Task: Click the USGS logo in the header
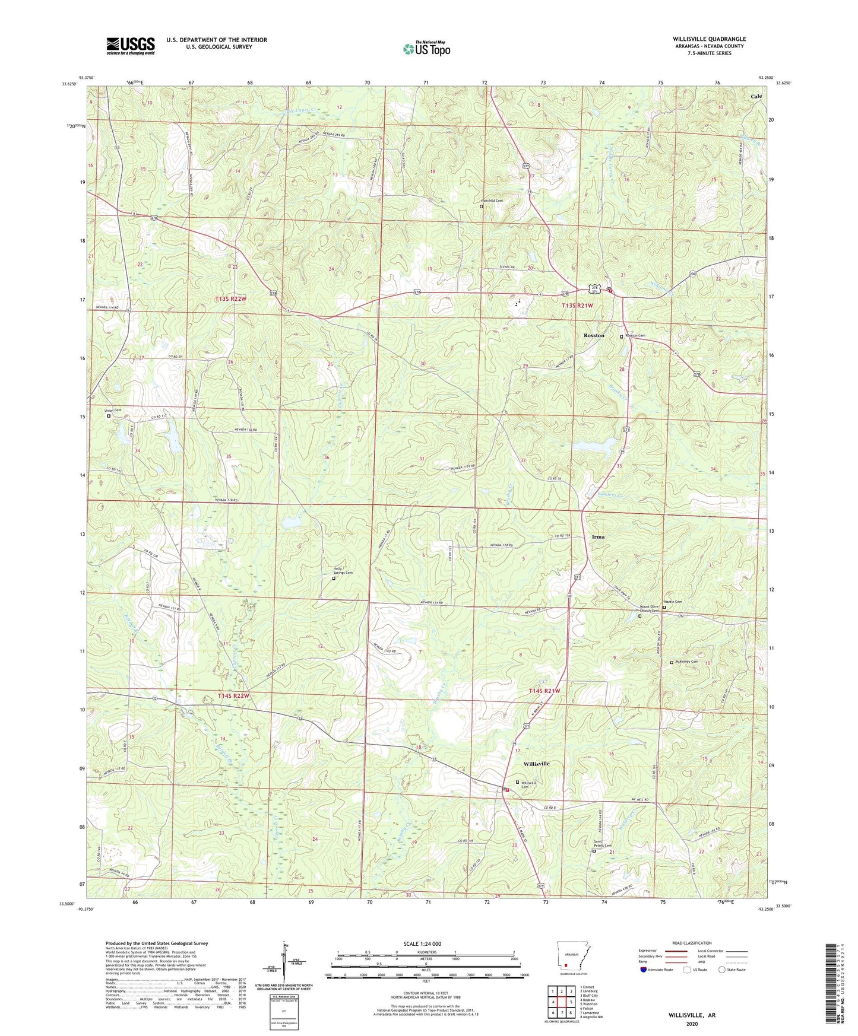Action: click(x=130, y=46)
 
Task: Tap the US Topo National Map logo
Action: click(x=426, y=48)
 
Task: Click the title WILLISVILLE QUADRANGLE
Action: click(x=709, y=39)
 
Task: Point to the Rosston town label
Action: click(x=594, y=335)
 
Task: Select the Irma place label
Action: click(x=598, y=536)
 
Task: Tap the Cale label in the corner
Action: click(x=756, y=96)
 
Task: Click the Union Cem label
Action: click(x=113, y=411)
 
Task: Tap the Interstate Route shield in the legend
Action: click(x=644, y=970)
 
